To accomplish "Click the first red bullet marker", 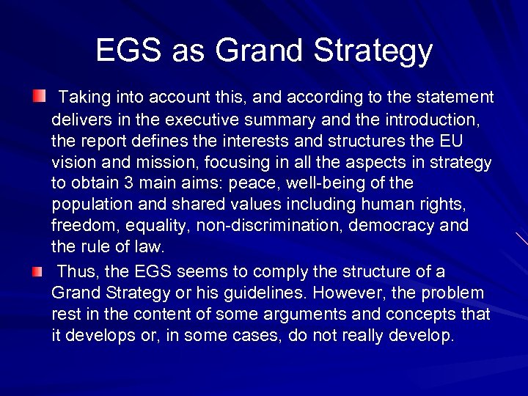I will point(38,96).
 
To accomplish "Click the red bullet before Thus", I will point(37,272).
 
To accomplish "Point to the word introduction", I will point(430,119).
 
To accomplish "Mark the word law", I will point(151,246).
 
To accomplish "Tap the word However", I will point(349,293).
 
